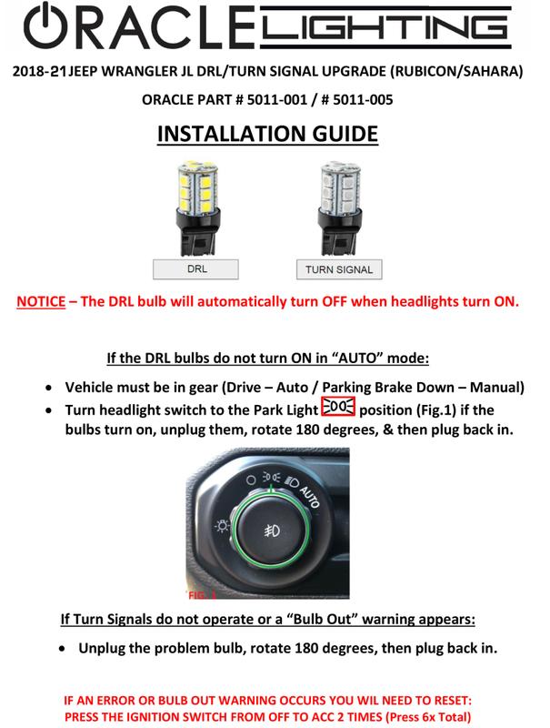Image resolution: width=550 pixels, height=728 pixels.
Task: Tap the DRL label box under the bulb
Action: coord(195,268)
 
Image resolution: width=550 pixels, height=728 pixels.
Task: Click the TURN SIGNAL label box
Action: coord(335,269)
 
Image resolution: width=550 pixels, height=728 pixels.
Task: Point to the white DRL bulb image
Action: coord(195,206)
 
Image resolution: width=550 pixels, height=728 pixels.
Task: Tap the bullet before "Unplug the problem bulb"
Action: coord(62,652)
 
